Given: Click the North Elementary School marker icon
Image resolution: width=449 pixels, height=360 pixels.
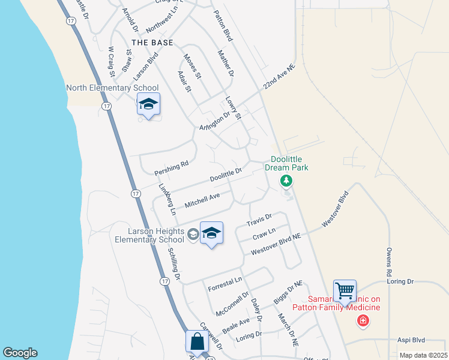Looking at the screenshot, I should (x=148, y=105).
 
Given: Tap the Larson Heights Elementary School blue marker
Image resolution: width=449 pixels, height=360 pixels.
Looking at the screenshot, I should (x=211, y=233).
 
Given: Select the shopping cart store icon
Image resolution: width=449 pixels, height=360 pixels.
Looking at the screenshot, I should (x=345, y=292).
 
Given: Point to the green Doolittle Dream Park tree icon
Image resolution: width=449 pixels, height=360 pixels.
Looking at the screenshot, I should (x=287, y=180).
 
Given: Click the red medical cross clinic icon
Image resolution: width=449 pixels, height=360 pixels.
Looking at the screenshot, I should (x=363, y=322).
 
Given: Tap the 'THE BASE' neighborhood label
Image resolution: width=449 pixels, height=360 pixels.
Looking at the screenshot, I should (x=152, y=43).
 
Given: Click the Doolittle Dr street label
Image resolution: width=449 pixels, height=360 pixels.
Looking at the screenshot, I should (x=226, y=175).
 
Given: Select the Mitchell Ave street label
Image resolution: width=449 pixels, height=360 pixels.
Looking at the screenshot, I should (x=202, y=200).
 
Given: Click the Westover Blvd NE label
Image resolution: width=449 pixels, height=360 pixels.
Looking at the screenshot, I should (x=276, y=244).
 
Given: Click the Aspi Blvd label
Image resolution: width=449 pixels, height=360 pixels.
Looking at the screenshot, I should (x=411, y=340).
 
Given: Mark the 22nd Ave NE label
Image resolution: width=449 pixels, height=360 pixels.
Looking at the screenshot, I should (x=279, y=79).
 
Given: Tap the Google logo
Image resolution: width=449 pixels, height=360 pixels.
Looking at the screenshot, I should (x=20, y=353).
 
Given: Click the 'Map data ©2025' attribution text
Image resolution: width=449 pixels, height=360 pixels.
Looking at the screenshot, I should (x=423, y=355).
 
